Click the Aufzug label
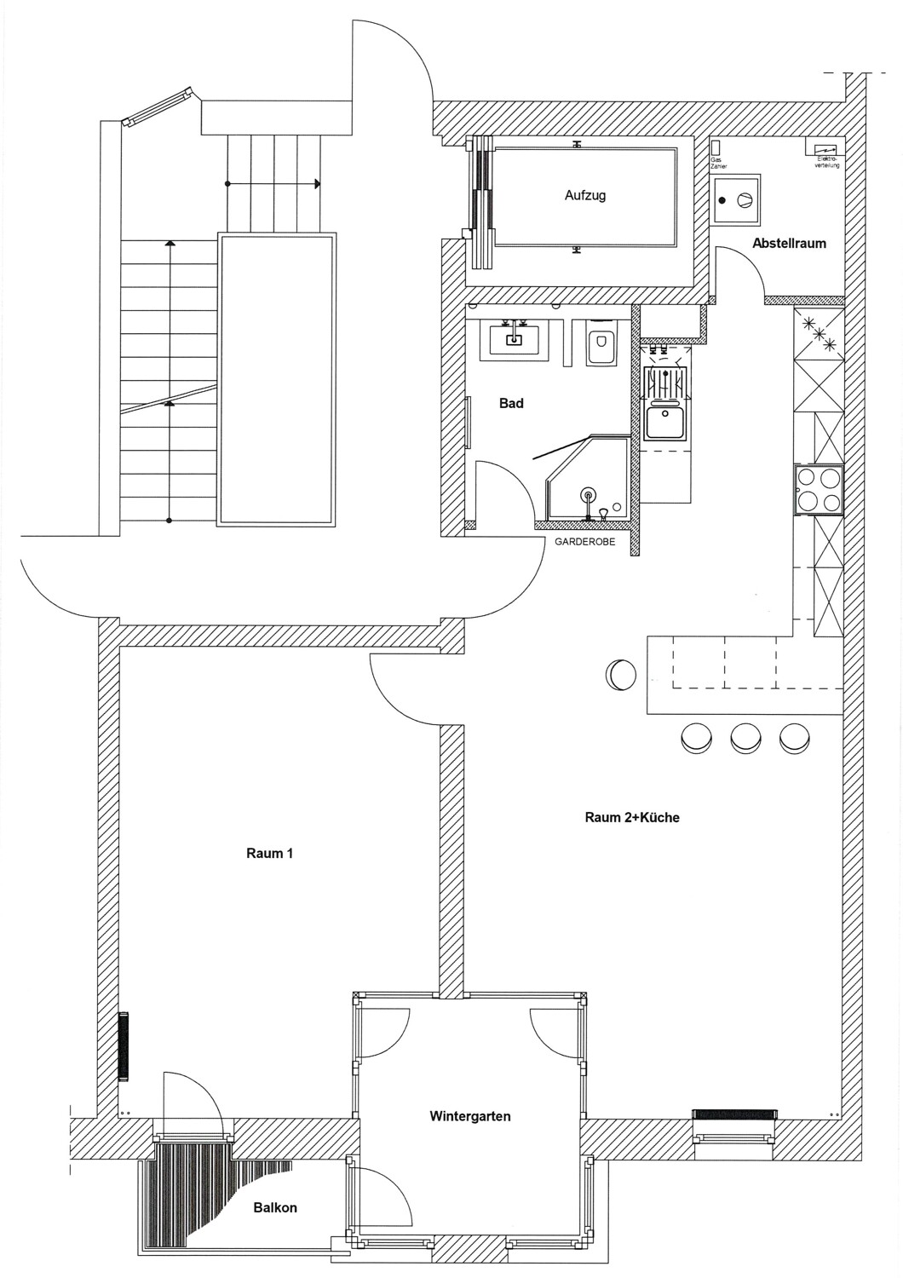[x=584, y=195]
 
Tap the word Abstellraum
[x=789, y=243]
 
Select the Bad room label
[x=511, y=403]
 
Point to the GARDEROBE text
[x=584, y=542]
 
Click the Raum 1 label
[x=269, y=853]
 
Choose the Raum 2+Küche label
[x=631, y=817]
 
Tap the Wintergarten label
[x=470, y=1115]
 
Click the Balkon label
[x=275, y=1207]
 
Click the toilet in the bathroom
[x=601, y=344]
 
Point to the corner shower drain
[x=587, y=495]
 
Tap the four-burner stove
[x=818, y=490]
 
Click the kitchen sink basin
[x=665, y=423]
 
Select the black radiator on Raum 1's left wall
[x=124, y=1045]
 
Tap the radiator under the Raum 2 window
[x=734, y=1113]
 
